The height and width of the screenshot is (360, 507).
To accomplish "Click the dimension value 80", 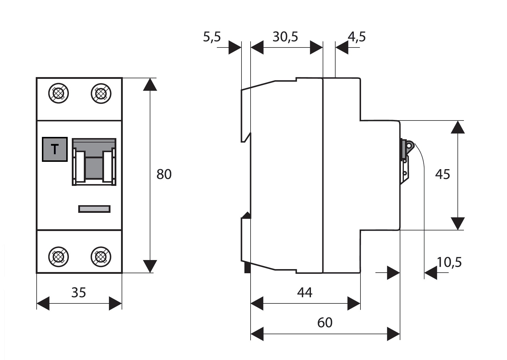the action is pos(164,174).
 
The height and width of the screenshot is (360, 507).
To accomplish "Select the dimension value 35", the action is pos(79,293).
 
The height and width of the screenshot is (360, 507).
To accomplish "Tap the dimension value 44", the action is pos(305,293).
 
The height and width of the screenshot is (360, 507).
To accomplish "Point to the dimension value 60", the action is pos(325,322).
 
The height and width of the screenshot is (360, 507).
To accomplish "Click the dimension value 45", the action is pos(443,174).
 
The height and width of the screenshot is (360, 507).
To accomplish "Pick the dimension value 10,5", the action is pos(449,262).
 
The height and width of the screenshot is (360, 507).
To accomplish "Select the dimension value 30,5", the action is pos(285,37).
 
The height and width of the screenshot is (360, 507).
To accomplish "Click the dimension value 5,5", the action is pos(212,37).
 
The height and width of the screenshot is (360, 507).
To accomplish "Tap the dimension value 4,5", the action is pos(357,37).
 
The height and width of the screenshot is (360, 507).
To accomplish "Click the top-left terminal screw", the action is pos(59,94).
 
